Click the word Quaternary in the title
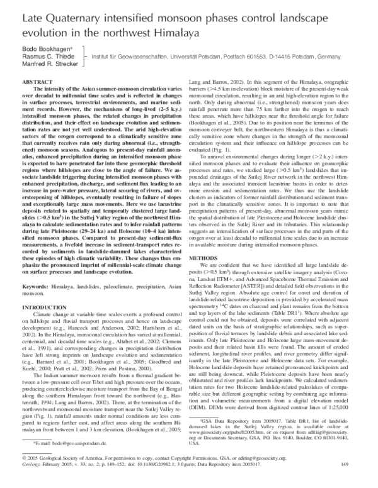point(71,14)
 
